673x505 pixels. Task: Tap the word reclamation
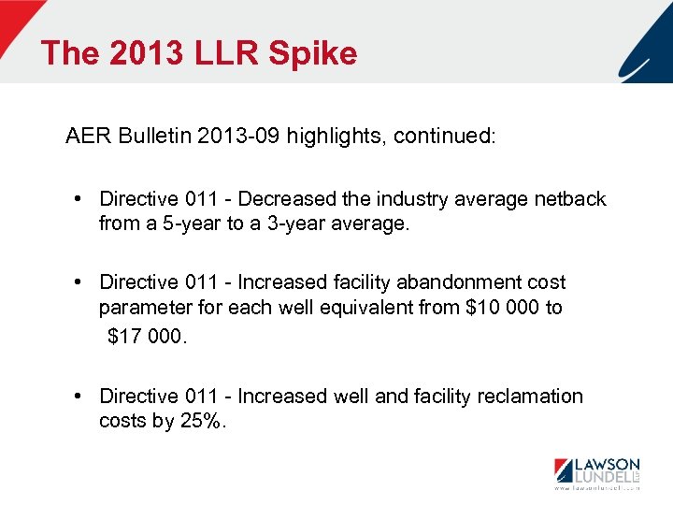(530, 397)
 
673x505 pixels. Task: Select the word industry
(412, 199)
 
